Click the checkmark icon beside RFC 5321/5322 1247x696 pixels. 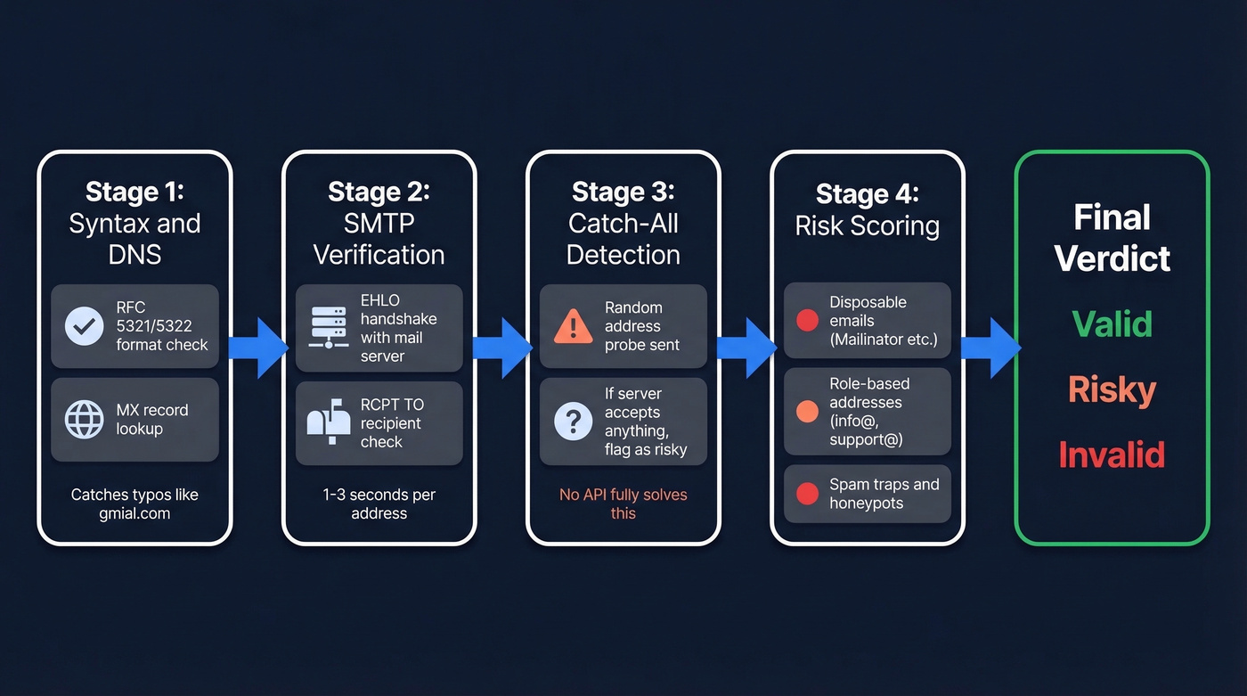[85, 326]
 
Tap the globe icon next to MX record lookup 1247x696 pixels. [85, 419]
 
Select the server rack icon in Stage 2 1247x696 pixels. [329, 326]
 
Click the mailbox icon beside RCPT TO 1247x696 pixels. [329, 422]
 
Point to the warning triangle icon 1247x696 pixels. [573, 326]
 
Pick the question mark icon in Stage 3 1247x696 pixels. [573, 422]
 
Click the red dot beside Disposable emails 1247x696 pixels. [807, 321]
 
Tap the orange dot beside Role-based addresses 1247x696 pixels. [807, 412]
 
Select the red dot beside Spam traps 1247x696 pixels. [807, 494]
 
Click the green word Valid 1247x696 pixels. [1112, 323]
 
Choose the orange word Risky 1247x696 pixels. [1112, 389]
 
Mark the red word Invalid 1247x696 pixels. [1112, 455]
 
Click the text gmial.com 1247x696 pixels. [134, 514]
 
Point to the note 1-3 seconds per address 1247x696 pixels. [379, 504]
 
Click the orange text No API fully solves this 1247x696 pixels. [623, 504]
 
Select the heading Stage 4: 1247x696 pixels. [867, 193]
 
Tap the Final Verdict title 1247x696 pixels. [1112, 237]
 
